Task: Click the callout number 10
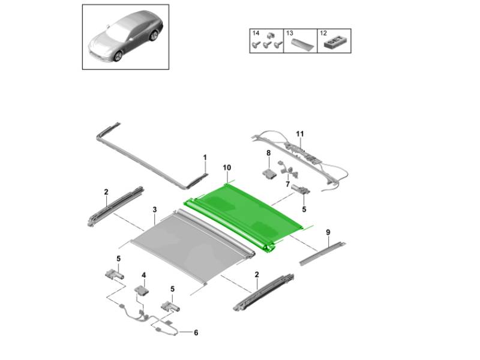tap(227, 167)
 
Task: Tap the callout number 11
tap(300, 134)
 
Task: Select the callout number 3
tap(155, 209)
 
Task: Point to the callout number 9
tap(328, 232)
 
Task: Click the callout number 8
tap(268, 153)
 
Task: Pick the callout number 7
tap(287, 185)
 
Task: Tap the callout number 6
tap(196, 332)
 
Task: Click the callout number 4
tap(144, 275)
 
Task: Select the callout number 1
tap(205, 157)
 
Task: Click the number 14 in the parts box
tap(256, 33)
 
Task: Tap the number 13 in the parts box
tap(290, 33)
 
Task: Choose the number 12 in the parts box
tap(323, 33)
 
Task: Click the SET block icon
tap(335, 43)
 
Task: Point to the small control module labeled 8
tap(269, 173)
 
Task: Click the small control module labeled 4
tap(142, 290)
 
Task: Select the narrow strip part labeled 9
tap(323, 253)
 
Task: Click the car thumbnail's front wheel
tap(118, 55)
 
